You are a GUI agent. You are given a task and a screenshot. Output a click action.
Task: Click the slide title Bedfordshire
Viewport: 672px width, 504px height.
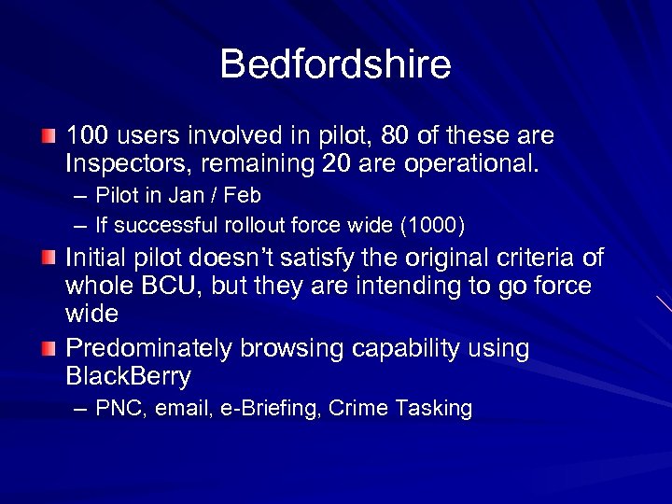[x=335, y=64]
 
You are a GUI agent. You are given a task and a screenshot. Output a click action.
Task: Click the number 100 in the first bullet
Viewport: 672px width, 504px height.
[x=87, y=136]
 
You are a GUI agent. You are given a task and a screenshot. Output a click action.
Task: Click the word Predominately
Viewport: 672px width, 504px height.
[x=149, y=349]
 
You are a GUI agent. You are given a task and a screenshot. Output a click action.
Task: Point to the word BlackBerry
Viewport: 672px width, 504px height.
[x=128, y=377]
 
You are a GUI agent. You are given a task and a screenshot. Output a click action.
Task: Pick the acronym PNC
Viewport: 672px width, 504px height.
[x=117, y=409]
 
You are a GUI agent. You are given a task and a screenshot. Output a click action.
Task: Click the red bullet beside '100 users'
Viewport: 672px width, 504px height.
[x=48, y=137]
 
